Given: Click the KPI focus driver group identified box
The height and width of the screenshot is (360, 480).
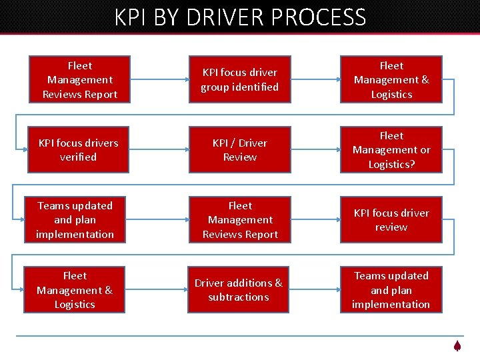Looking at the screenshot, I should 240,80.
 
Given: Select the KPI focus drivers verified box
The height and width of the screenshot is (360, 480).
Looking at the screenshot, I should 78,150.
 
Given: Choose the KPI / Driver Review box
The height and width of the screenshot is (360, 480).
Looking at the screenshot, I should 240,150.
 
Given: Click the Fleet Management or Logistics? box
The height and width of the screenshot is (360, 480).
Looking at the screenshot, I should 391,150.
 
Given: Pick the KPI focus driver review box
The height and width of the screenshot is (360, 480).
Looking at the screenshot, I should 391,220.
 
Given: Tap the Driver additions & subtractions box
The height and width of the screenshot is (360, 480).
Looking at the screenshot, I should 239,290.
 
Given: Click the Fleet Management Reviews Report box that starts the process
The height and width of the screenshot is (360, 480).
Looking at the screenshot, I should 80,80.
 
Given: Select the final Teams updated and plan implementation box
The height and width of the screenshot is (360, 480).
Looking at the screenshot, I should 391,290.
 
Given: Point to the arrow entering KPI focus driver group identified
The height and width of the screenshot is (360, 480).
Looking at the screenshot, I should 159,80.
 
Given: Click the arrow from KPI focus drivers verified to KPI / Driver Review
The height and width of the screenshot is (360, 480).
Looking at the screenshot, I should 159,150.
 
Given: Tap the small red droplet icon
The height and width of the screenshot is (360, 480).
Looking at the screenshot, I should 457,346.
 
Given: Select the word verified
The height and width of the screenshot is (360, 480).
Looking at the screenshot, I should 78,157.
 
